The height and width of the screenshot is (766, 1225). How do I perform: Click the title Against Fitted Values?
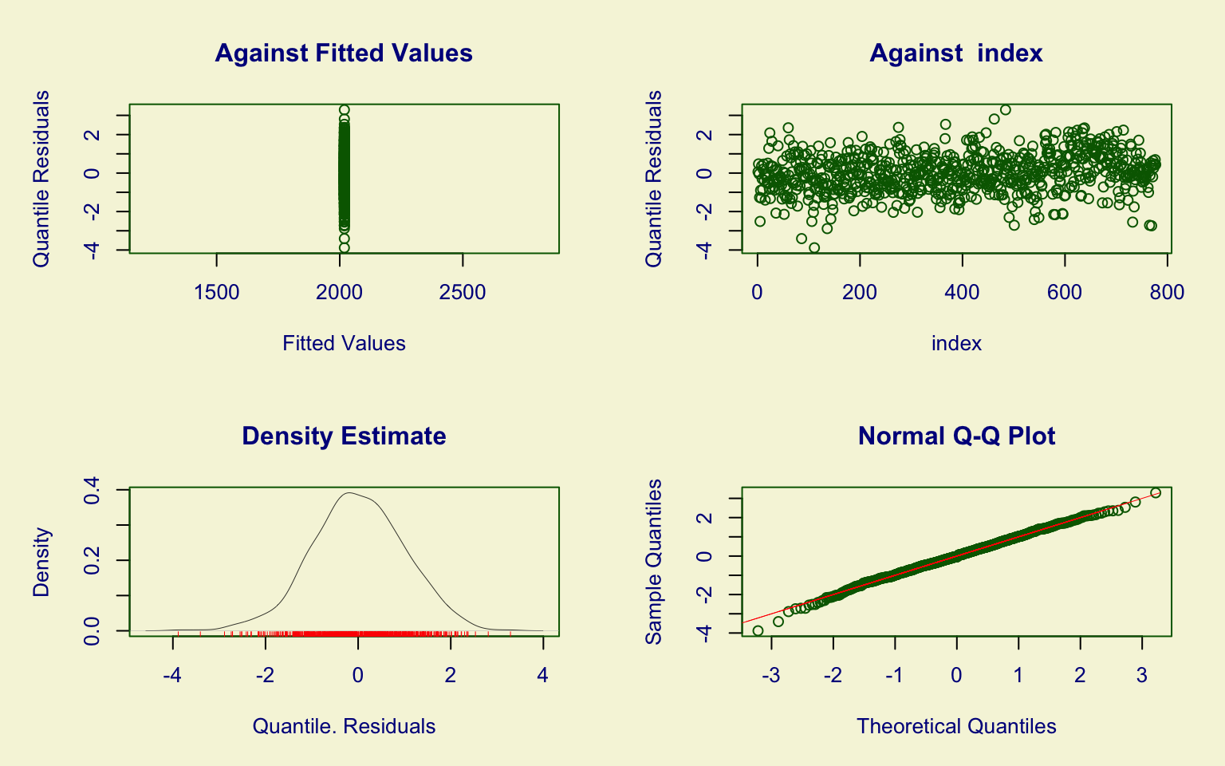pos(344,53)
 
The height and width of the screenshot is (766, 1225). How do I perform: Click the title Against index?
pos(955,53)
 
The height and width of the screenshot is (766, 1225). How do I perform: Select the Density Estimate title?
pos(344,436)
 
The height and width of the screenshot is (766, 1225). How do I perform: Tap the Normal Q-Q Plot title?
pos(956,436)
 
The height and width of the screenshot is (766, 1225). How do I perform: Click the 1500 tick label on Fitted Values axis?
pos(217,293)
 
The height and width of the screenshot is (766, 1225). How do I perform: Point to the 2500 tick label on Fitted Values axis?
pos(463,293)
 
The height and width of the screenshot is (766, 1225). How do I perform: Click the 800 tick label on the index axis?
pos(1167,293)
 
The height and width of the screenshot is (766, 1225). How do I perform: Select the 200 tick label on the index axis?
pos(860,293)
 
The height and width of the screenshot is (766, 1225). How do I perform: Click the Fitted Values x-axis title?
pos(344,343)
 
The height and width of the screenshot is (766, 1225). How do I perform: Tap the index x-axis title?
pos(956,343)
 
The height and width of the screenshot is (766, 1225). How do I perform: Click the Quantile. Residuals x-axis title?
pos(344,726)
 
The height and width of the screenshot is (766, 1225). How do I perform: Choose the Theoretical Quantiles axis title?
pos(956,726)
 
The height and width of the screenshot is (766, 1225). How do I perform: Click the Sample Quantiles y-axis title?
pos(654,562)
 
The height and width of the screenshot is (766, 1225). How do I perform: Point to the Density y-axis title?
pos(41,562)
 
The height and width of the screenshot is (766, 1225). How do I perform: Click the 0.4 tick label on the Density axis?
pos(93,489)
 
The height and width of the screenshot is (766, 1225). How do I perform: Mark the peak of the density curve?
pos(349,493)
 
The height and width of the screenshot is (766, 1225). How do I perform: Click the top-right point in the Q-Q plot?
pos(1156,493)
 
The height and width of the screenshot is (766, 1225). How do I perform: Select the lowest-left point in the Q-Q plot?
pos(758,631)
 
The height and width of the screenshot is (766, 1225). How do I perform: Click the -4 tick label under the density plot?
pos(172,676)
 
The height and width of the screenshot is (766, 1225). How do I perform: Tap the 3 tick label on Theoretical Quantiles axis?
pos(1141,676)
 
